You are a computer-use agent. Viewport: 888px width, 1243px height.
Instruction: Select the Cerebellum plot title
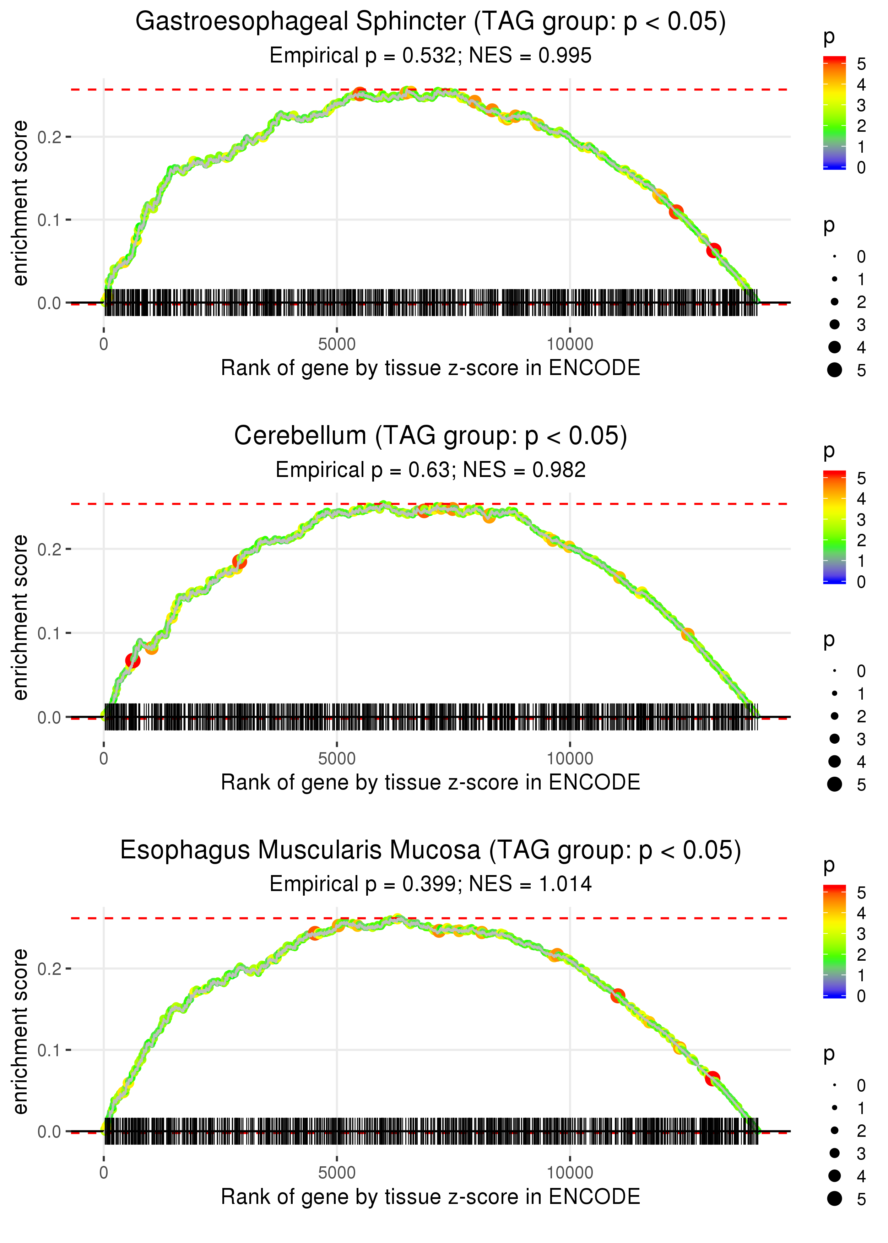[431, 436]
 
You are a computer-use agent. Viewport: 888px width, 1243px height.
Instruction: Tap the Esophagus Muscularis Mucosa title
[431, 850]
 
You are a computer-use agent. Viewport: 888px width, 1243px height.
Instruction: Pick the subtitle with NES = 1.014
[431, 884]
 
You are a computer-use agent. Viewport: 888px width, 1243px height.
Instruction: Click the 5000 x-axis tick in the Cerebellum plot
[337, 759]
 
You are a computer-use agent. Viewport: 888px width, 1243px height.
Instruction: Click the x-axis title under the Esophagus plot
[431, 1196]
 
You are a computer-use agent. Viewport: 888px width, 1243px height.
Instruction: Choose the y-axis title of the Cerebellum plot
[20, 618]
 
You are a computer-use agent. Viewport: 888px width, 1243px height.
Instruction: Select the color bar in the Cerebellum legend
[834, 527]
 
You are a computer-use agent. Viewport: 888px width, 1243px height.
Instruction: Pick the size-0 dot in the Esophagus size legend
[834, 1085]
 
